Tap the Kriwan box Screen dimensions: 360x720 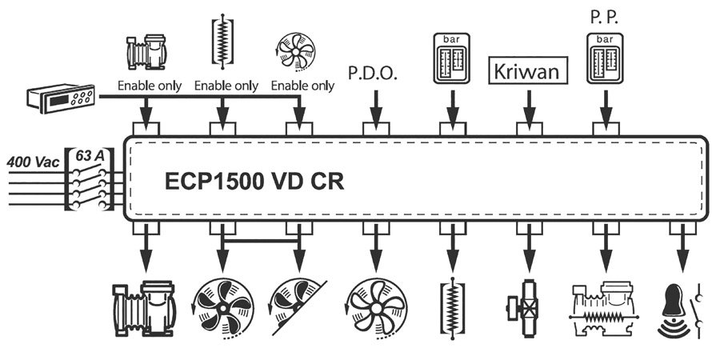point(528,70)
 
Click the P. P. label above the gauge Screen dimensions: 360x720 point(604,16)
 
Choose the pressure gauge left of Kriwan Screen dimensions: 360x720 point(450,58)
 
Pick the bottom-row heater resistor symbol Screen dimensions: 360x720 point(451,307)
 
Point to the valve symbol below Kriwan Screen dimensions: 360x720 point(528,307)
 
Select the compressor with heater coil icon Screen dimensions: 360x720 point(605,307)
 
